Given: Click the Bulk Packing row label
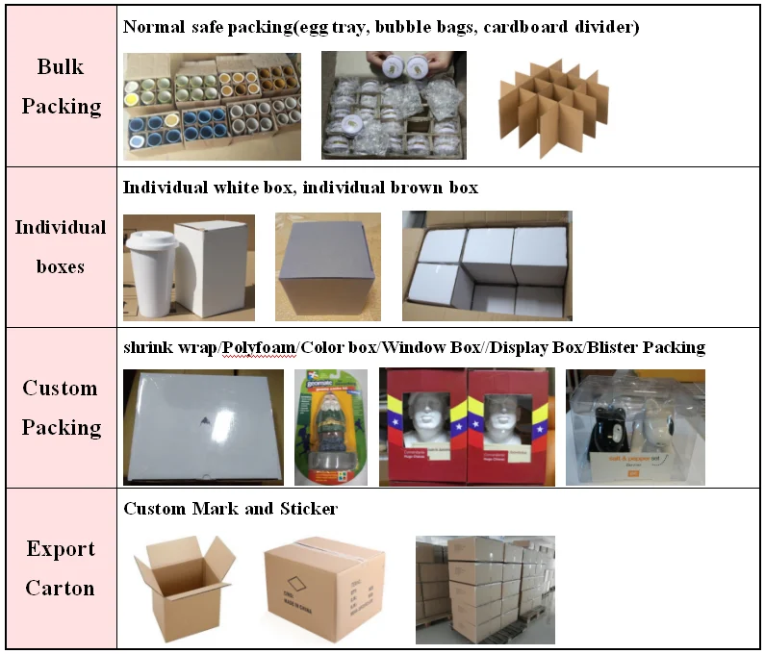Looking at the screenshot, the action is click(61, 87).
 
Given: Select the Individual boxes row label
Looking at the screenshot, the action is click(61, 246).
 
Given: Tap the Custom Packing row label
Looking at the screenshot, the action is click(61, 408).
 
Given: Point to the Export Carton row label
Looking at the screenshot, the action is click(61, 568).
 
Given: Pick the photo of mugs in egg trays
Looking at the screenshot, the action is click(211, 106).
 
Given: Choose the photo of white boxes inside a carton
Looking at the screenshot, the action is click(487, 266).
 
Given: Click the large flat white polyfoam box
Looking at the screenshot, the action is click(203, 424).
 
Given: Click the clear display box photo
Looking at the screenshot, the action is click(635, 427).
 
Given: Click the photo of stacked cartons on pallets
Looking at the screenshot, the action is click(485, 590).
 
